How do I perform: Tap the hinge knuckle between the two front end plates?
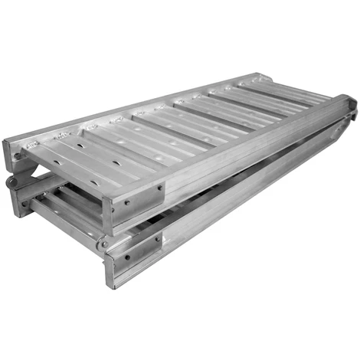pos(103,244)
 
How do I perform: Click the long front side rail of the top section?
pos(245,153)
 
